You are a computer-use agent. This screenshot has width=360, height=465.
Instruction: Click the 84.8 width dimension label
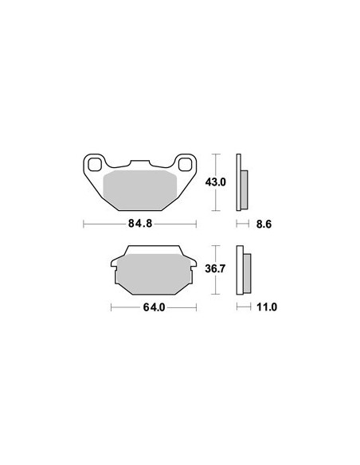point(140,223)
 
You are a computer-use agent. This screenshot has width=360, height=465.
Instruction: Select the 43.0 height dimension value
point(216,182)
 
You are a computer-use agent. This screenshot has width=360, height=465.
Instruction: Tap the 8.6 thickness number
point(264,225)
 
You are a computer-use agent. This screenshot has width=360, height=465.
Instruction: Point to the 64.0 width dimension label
point(154,307)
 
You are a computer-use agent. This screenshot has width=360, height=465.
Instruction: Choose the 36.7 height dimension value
point(216,269)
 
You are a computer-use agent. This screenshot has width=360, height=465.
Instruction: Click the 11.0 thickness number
point(267,307)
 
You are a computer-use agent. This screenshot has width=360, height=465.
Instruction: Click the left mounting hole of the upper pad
point(95,165)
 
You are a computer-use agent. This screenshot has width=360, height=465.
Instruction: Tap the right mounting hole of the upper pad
point(186,165)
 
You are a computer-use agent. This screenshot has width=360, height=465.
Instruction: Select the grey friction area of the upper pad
point(140,190)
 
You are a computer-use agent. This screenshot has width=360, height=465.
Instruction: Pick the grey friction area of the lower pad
point(154,274)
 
